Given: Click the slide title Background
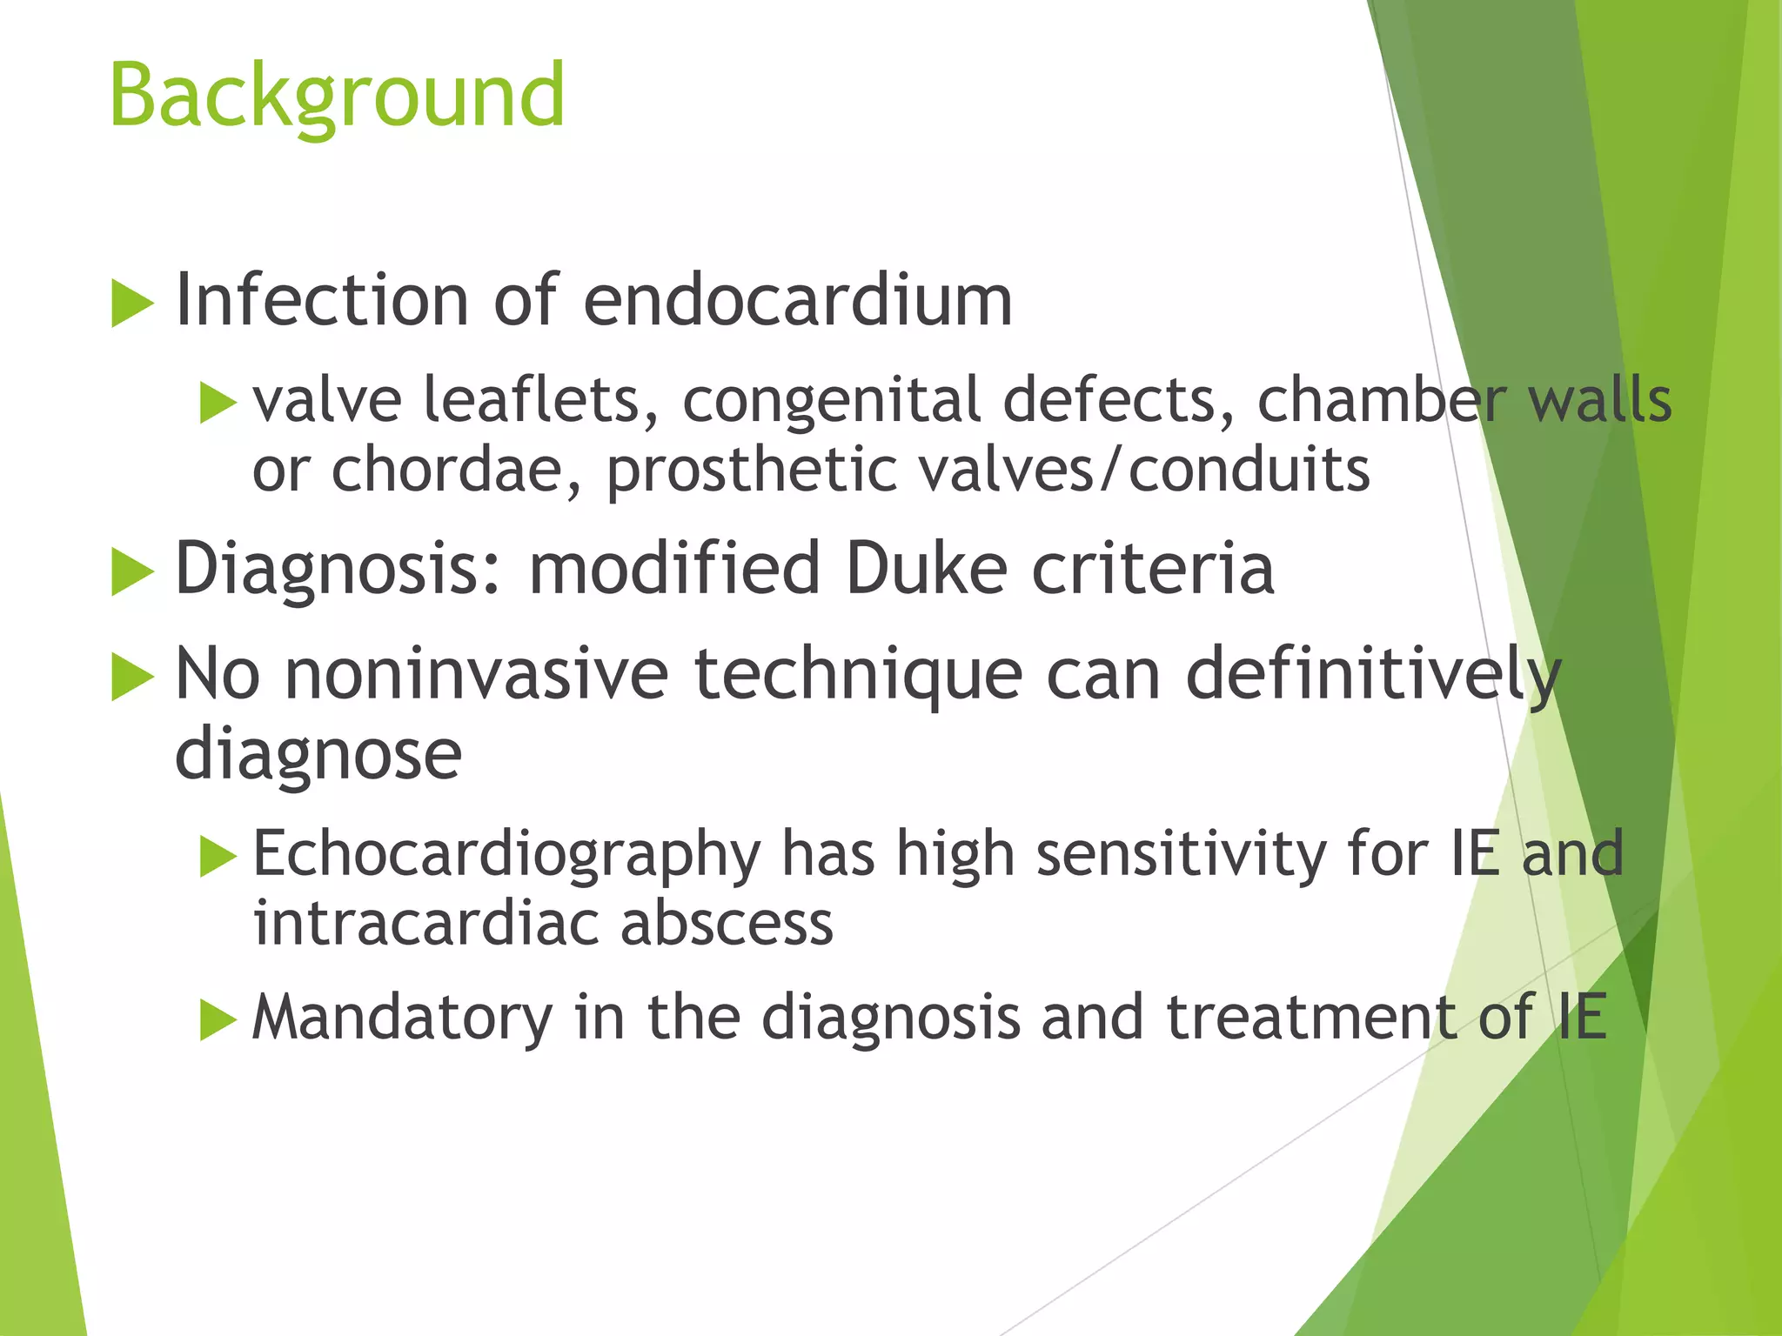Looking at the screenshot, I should [338, 96].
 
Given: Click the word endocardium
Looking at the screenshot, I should [797, 301].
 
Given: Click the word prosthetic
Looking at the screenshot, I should [751, 471].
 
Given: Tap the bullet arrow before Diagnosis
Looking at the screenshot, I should [132, 573].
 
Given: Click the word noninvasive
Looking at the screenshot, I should [477, 674].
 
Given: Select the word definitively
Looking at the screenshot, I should [1373, 674].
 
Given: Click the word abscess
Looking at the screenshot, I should [727, 923].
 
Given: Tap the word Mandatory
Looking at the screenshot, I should [402, 1017].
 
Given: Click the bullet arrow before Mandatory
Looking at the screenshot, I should [218, 1019].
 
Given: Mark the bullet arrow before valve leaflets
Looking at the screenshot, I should [218, 404].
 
